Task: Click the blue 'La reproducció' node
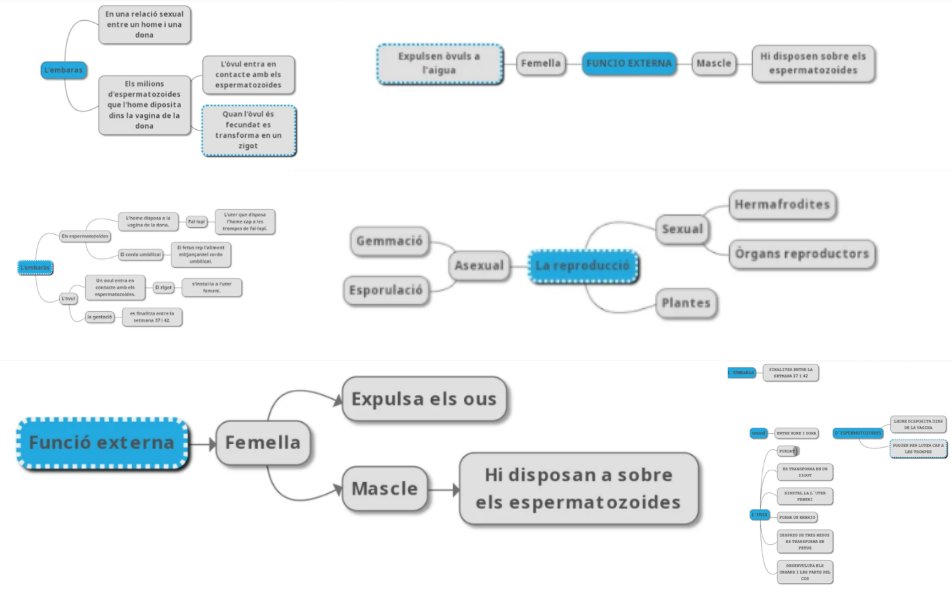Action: click(583, 266)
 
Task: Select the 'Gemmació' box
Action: click(390, 241)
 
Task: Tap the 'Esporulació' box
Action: click(386, 291)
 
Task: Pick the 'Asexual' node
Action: click(478, 266)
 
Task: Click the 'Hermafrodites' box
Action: click(782, 205)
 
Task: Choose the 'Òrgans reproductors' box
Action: click(801, 254)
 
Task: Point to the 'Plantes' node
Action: click(686, 303)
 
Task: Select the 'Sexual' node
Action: click(682, 229)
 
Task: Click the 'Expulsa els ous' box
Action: click(423, 399)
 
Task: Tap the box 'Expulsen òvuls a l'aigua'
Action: click(438, 63)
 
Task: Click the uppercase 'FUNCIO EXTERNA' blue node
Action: click(629, 63)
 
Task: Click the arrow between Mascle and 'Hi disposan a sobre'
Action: click(443, 489)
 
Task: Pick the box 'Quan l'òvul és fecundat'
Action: click(249, 130)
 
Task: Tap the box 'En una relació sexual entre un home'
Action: click(146, 25)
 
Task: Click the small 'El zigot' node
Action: click(164, 288)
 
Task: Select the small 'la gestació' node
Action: click(99, 317)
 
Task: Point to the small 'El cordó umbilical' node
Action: click(142, 255)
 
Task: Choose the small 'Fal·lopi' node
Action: click(196, 220)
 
